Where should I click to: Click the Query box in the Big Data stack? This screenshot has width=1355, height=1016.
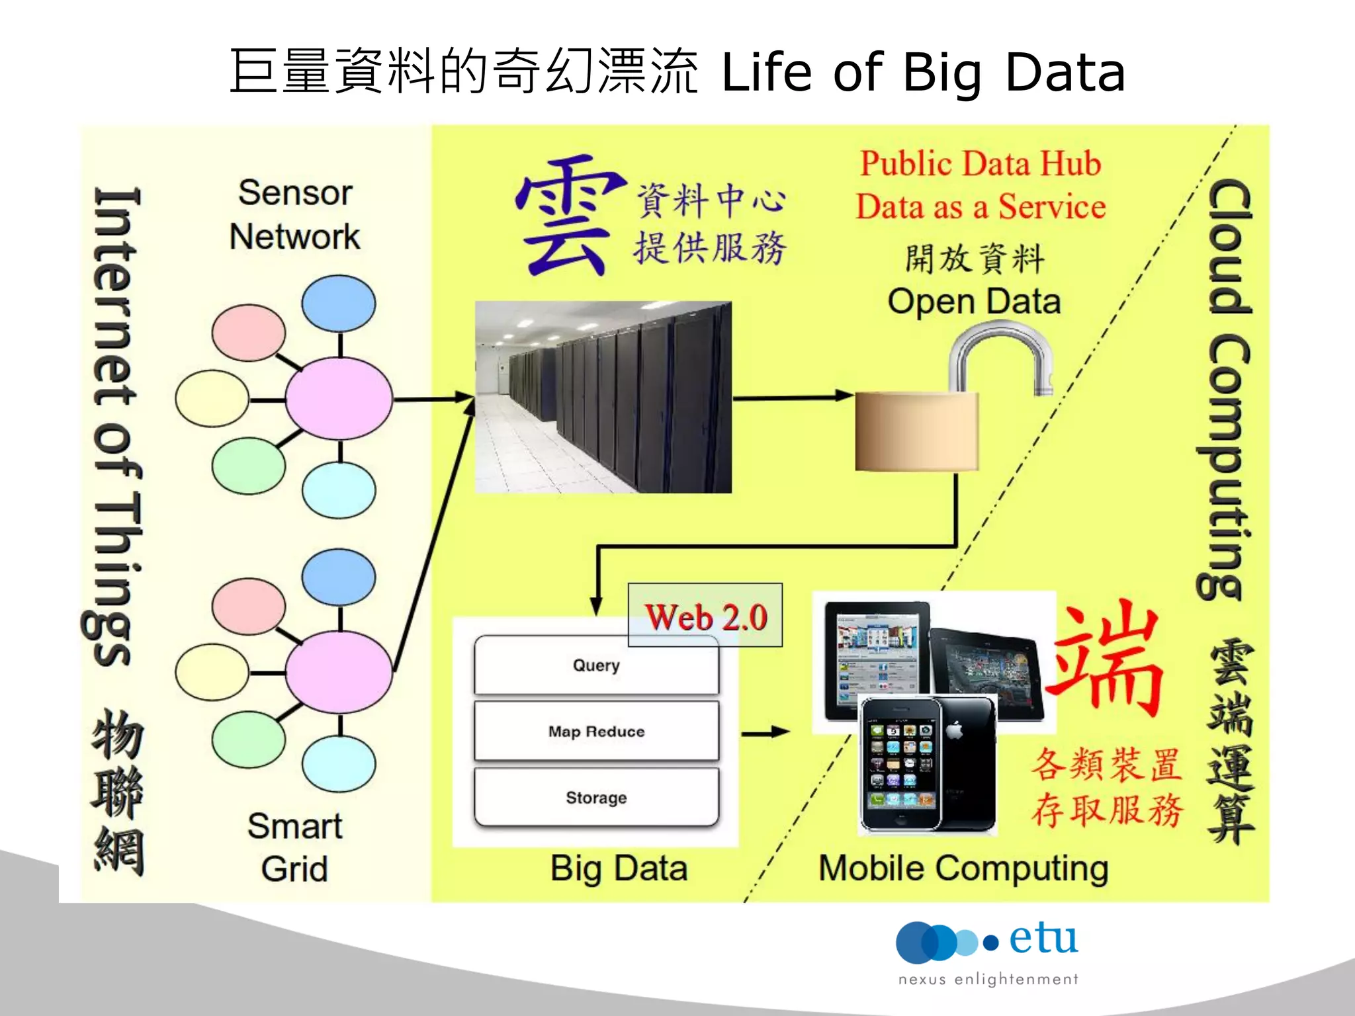tap(596, 665)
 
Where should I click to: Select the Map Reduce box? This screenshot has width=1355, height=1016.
tap(596, 731)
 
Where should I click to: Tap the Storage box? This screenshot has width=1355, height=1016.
tap(596, 797)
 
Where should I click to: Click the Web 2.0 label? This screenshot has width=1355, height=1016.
tap(705, 616)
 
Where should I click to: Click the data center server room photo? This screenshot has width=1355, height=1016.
tap(603, 397)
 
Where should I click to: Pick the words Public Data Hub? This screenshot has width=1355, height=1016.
tap(980, 163)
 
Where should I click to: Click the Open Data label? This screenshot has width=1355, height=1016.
tap(974, 302)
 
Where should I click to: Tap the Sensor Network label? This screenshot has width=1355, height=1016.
tap(295, 214)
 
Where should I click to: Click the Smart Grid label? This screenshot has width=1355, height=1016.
tap(295, 847)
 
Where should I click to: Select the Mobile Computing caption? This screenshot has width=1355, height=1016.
tap(963, 868)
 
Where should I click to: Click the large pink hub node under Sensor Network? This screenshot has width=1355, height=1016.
tap(339, 399)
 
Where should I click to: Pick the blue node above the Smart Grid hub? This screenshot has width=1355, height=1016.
tap(339, 577)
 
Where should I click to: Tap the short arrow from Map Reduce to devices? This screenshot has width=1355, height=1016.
tap(765, 732)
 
